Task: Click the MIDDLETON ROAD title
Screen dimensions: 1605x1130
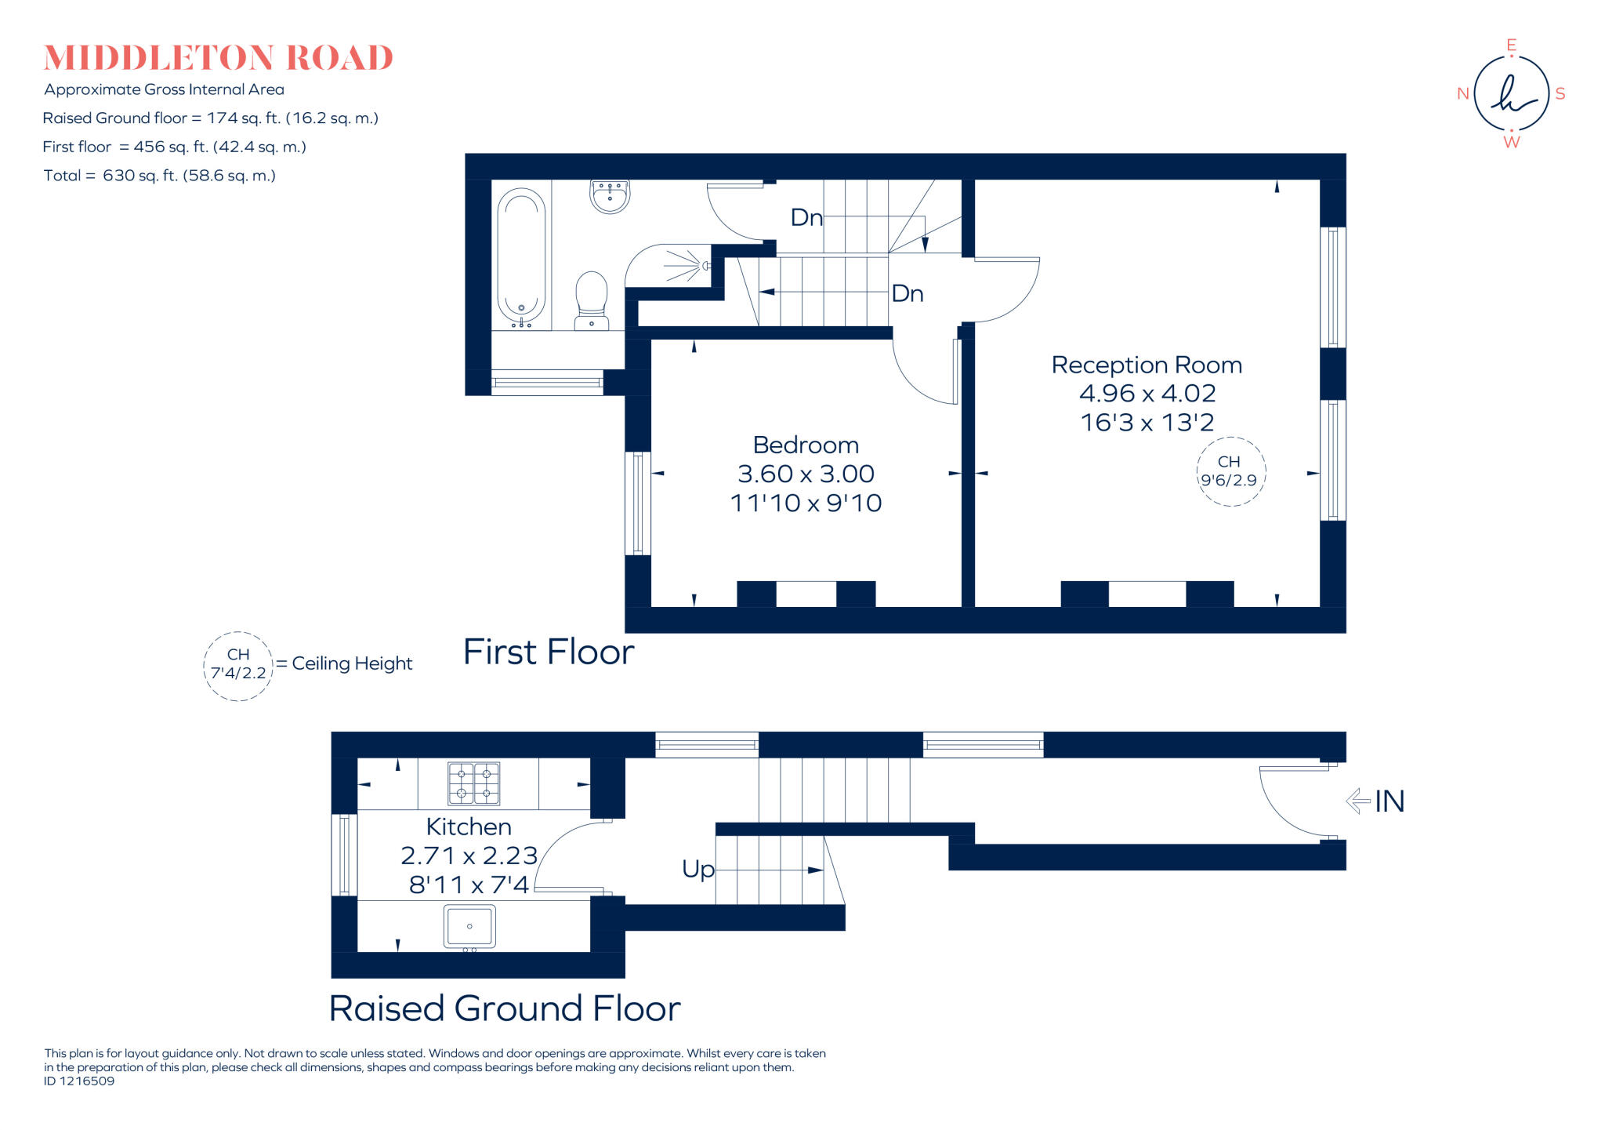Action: pos(218,58)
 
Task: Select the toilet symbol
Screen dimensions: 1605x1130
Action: pos(592,300)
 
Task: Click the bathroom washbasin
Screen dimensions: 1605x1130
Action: pos(610,196)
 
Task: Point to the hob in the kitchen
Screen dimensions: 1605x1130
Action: pos(473,783)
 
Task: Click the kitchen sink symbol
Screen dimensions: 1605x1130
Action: pos(469,926)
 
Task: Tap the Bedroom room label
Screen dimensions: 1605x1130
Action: pos(806,445)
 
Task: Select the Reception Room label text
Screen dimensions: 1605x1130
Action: pos(1147,365)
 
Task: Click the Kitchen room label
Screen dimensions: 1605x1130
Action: pos(469,827)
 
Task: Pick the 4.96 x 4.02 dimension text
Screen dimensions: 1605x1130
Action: pos(1147,394)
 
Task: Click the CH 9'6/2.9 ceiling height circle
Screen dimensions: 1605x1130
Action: pos(1230,471)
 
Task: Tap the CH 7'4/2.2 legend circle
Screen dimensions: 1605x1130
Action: pos(238,665)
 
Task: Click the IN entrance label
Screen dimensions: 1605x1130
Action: pos(1389,801)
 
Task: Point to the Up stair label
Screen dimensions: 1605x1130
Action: pos(697,869)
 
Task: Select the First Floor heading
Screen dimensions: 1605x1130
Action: pos(549,652)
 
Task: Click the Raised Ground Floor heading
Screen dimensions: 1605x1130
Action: pos(505,1008)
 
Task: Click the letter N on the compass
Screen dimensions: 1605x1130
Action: pos(1462,94)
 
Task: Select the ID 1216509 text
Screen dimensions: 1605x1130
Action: pos(79,1081)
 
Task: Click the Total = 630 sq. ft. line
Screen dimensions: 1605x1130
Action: pos(160,176)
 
